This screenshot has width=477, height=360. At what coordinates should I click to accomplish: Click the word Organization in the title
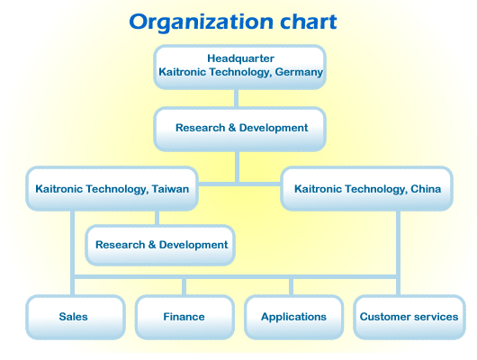pyautogui.click(x=201, y=22)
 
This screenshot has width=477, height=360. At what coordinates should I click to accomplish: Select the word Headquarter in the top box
pyautogui.click(x=240, y=58)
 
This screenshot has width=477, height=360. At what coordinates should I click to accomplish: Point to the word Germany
pyautogui.click(x=299, y=72)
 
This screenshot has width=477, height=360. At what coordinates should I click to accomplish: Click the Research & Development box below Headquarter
pyautogui.click(x=239, y=129)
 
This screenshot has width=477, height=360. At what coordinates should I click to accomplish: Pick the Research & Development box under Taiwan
pyautogui.click(x=160, y=245)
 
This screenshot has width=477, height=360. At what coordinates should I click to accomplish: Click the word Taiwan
pyautogui.click(x=170, y=189)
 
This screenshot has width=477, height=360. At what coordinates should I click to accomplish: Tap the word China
pyautogui.click(x=426, y=189)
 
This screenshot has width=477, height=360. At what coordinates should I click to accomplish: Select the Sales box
pyautogui.click(x=76, y=317)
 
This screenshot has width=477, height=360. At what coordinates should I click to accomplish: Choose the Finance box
pyautogui.click(x=184, y=317)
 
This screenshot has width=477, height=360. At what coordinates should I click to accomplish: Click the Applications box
pyautogui.click(x=294, y=317)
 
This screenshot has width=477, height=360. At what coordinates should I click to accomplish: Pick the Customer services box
pyautogui.click(x=409, y=317)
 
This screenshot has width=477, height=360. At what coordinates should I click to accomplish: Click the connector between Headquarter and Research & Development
pyautogui.click(x=236, y=98)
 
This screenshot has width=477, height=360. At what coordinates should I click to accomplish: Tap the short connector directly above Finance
pyautogui.click(x=184, y=287)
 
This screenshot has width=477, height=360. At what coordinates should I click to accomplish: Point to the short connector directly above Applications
pyautogui.click(x=291, y=287)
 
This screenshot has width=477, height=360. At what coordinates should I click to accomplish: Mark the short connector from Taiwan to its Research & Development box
pyautogui.click(x=157, y=218)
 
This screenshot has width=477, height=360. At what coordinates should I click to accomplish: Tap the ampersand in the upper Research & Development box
pyautogui.click(x=232, y=128)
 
